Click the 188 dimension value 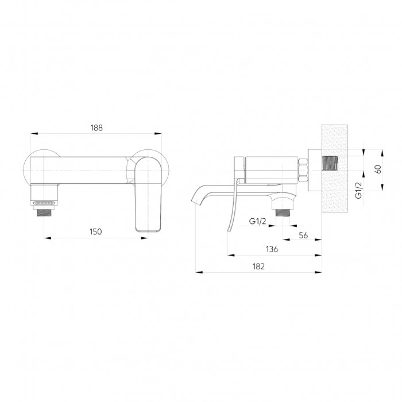(96, 127)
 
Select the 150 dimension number (96, 232)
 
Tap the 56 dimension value (303, 235)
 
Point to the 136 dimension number (272, 249)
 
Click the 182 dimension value (258, 266)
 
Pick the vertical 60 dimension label (378, 169)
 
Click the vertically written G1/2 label (359, 190)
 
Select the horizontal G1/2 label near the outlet (258, 221)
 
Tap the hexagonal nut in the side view (303, 170)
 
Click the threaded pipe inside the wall (330, 166)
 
